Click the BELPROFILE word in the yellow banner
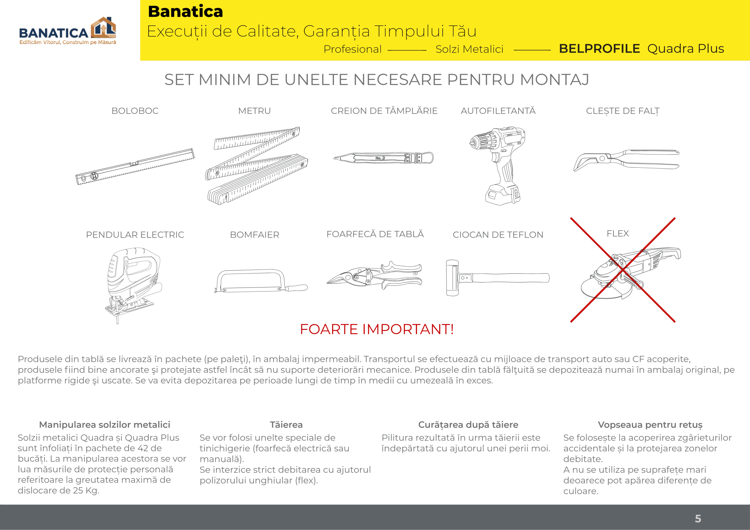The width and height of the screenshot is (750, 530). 599,49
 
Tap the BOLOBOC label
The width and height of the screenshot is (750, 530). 135,111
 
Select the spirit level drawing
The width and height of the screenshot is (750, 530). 135,167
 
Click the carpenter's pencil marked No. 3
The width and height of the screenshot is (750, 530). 383,158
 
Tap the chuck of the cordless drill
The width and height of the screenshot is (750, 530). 478,142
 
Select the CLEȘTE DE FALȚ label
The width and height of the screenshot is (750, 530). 623,111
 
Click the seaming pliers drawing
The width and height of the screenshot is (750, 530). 625,160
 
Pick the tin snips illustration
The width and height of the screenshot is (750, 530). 375,275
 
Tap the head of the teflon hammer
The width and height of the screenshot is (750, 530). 452,278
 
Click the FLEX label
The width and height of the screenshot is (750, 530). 617,234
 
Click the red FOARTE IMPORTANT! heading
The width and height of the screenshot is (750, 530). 377,329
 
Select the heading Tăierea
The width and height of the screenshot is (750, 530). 286,425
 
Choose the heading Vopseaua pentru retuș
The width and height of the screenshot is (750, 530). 650,425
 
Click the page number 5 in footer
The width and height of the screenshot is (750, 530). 698,519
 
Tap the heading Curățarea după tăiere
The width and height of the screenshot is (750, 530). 468,425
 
